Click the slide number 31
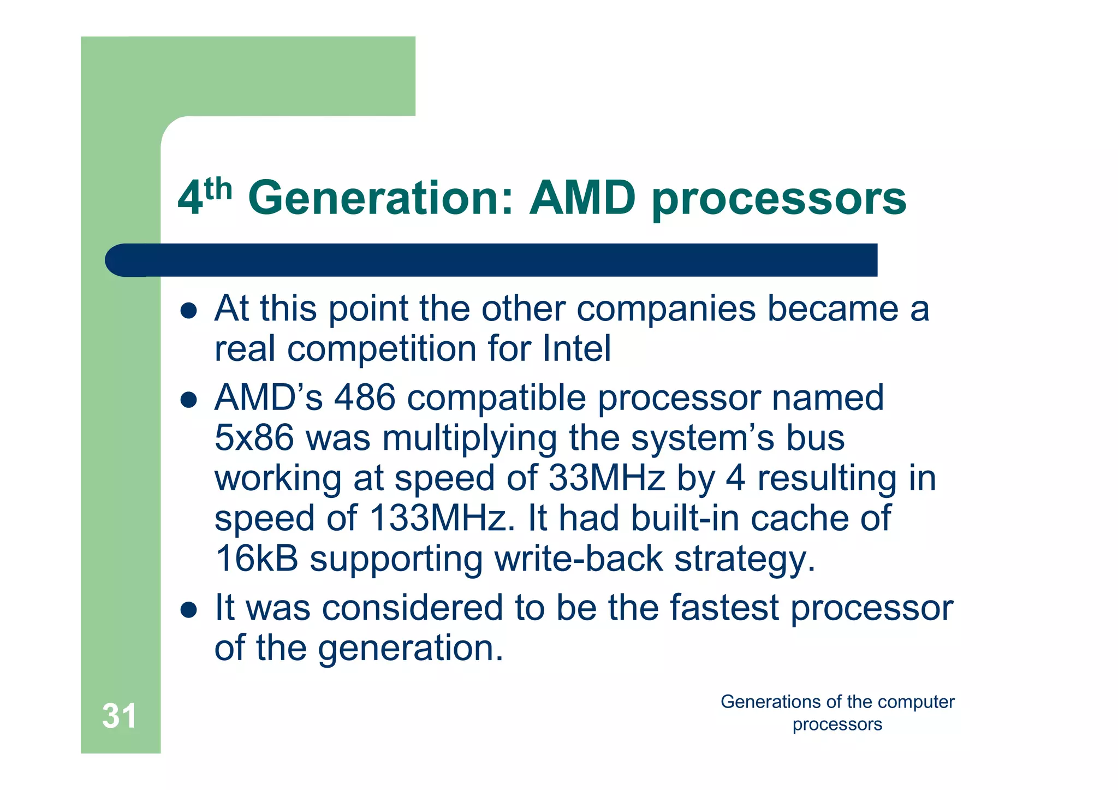(x=119, y=716)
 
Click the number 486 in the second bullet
(x=364, y=397)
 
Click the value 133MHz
(x=442, y=518)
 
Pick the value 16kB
(x=257, y=559)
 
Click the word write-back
(x=578, y=559)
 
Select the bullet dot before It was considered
(x=188, y=610)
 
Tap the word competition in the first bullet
(x=382, y=349)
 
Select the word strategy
(x=745, y=560)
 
